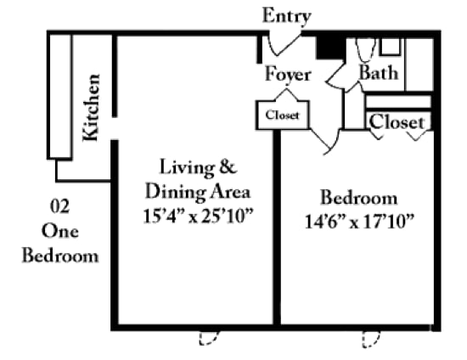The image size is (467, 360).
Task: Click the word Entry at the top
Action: (286, 16)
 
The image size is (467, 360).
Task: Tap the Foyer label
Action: (287, 75)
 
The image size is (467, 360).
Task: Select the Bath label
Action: (379, 73)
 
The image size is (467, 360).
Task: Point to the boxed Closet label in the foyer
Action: (282, 115)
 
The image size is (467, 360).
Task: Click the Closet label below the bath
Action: (397, 122)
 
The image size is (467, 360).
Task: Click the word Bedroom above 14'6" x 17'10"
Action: (358, 199)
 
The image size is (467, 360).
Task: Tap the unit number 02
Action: (59, 206)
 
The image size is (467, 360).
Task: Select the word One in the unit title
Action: (59, 230)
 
